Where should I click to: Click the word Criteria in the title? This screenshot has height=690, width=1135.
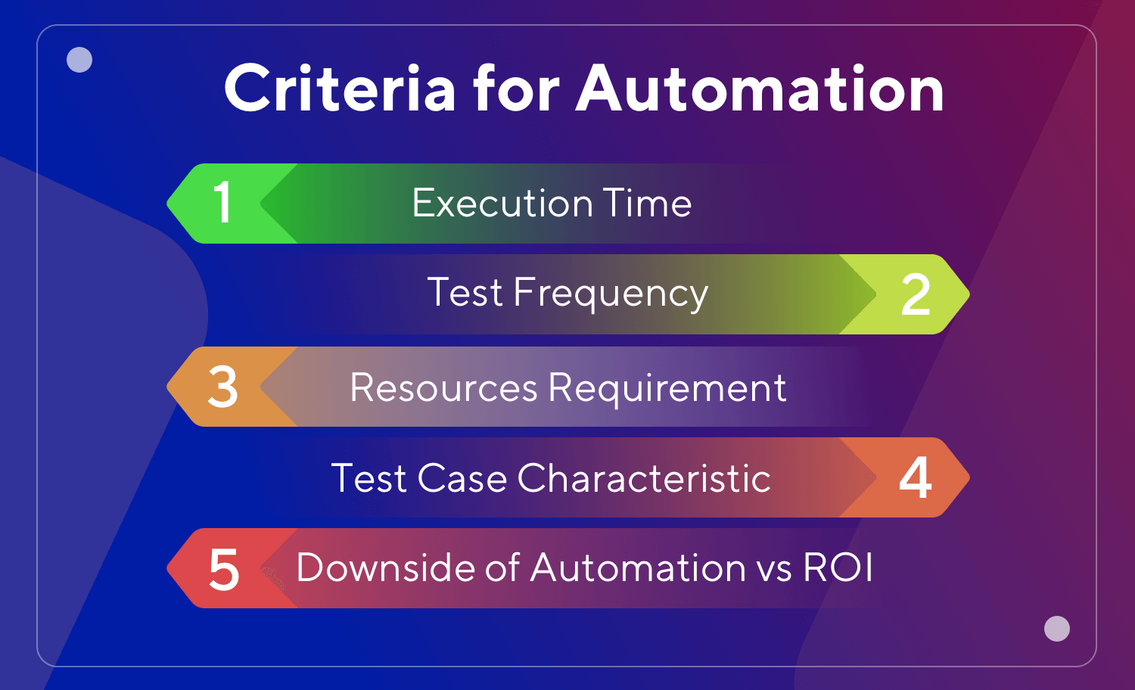[340, 89]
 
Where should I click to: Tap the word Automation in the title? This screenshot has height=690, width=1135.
[760, 89]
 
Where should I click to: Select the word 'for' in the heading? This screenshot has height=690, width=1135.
[516, 89]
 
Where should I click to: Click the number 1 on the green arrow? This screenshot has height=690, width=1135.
[222, 203]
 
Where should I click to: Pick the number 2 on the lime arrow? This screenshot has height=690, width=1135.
[916, 295]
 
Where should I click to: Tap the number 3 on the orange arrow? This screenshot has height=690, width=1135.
[222, 387]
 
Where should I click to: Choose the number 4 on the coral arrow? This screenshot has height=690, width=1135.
[916, 478]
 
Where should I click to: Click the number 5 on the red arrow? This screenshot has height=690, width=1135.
[223, 570]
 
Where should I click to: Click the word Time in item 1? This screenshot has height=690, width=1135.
[648, 203]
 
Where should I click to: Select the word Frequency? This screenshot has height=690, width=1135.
[610, 294]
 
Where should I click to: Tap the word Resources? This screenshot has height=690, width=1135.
[443, 387]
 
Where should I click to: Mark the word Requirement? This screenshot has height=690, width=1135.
[667, 387]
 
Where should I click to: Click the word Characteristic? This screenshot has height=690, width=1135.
[644, 478]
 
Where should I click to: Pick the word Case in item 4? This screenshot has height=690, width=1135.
[462, 478]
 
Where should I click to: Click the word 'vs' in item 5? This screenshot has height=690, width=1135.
[775, 569]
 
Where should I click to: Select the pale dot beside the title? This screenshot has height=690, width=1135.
[79, 60]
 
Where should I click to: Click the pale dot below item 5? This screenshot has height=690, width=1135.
[1056, 629]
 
